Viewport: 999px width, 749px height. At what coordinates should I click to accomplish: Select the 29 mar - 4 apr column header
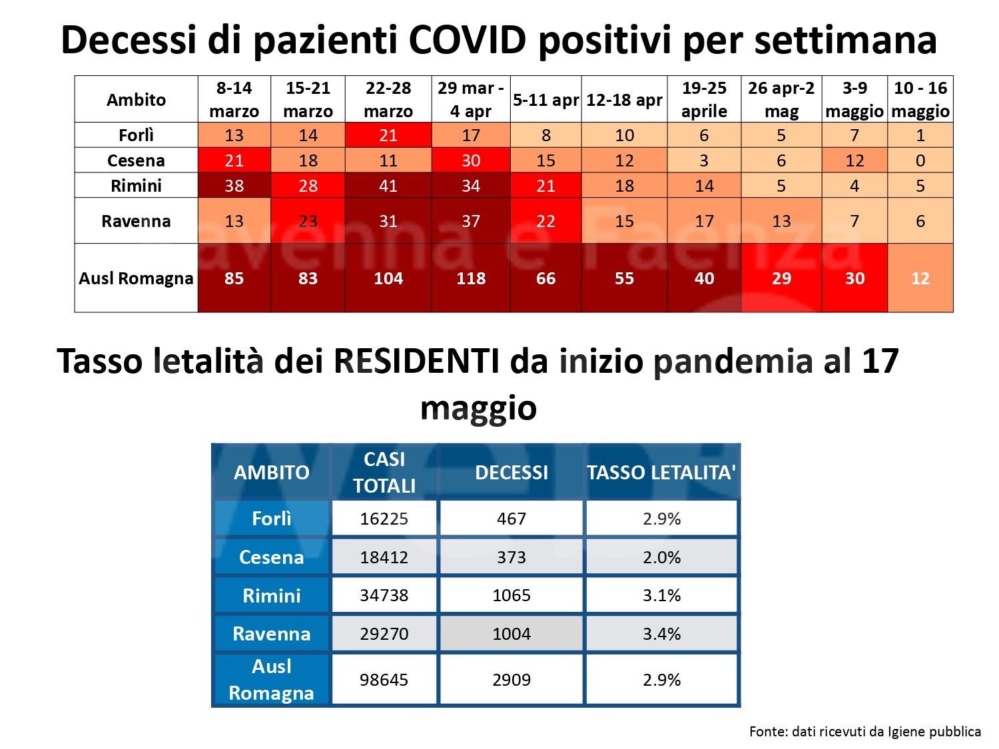(x=470, y=99)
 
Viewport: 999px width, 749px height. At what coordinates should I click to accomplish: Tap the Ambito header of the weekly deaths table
(x=136, y=100)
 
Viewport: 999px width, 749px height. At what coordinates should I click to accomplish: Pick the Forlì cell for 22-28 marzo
(x=388, y=135)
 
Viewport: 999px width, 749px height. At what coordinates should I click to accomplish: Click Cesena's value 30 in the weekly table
(x=470, y=160)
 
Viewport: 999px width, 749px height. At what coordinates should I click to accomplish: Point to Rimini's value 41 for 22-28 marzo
(x=388, y=186)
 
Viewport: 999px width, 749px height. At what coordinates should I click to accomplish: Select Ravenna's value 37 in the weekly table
(x=470, y=221)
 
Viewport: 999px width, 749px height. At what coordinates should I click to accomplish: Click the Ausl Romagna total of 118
(x=470, y=278)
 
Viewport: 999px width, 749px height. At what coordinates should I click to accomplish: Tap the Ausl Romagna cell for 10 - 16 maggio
(x=920, y=278)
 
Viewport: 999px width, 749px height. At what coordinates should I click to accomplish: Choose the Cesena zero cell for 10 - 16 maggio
(x=920, y=160)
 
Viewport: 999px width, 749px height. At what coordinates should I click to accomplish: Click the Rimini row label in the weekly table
(x=136, y=186)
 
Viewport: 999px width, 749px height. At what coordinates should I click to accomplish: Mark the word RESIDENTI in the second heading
(x=416, y=362)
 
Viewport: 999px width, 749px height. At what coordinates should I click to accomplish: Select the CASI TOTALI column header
(x=384, y=472)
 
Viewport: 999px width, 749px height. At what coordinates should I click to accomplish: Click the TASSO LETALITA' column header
(x=661, y=472)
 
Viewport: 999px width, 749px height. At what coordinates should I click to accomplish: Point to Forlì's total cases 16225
(x=384, y=519)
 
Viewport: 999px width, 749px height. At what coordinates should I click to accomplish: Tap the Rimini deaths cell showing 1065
(x=511, y=595)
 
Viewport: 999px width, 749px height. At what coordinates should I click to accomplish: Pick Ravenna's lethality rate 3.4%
(x=661, y=634)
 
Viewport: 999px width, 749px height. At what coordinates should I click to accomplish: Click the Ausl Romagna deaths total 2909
(x=511, y=680)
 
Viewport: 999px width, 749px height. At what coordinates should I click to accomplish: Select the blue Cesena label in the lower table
(x=271, y=557)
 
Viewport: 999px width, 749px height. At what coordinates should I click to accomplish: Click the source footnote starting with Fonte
(x=864, y=732)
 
